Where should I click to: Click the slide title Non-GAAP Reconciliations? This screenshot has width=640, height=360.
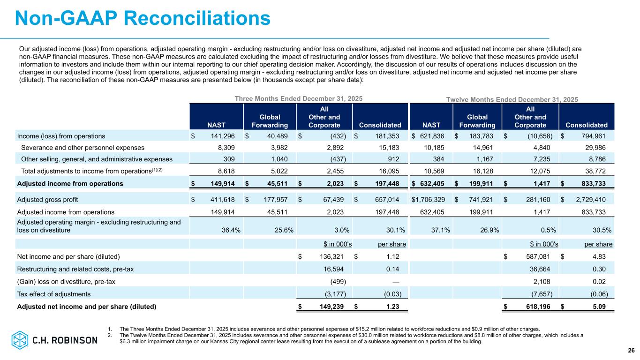(143, 18)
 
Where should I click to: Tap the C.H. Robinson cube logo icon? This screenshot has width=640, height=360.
(20, 340)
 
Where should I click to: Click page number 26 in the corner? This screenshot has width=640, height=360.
(631, 351)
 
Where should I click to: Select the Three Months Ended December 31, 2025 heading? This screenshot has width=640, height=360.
(298, 99)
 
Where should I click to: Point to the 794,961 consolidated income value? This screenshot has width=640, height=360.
(592, 136)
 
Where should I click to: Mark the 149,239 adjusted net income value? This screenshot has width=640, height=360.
(331, 307)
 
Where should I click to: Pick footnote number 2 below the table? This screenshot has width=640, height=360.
(109, 335)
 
